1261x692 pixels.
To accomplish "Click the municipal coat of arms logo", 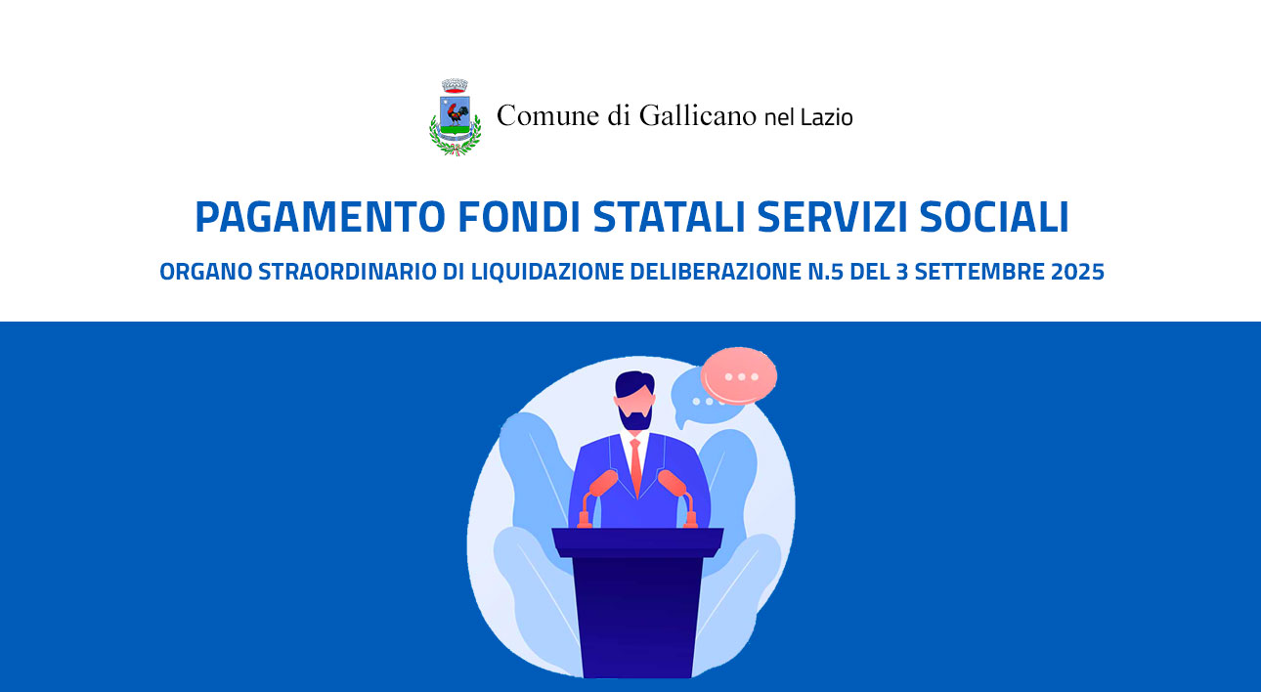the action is coord(455,117).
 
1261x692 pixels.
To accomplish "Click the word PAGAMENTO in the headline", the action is coord(321,217).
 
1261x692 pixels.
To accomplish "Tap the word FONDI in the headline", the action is coord(519,217).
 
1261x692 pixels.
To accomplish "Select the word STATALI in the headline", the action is coord(669,217).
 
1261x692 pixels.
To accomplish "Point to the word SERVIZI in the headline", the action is coord(832,217).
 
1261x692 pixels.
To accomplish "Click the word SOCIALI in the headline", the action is coord(994,217).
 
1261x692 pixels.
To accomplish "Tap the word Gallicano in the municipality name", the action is coord(698,115).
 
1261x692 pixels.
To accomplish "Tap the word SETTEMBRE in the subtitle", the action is coord(979,272).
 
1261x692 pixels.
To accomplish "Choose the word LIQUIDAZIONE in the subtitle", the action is coord(547,272).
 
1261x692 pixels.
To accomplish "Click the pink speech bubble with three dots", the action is coord(739,375).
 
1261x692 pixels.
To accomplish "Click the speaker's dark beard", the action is coord(635,417).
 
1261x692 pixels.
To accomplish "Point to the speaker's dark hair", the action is coord(634,384).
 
